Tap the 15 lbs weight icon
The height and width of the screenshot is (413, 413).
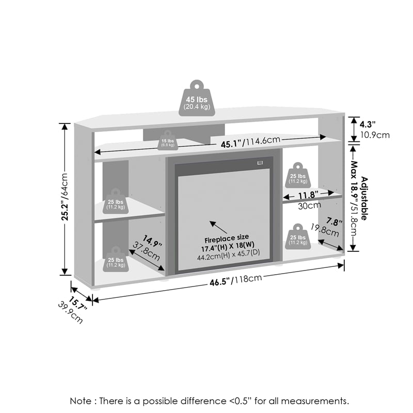pyautogui.click(x=167, y=142)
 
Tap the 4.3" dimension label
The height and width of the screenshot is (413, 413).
pyautogui.click(x=367, y=124)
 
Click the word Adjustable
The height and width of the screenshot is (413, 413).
pyautogui.click(x=364, y=198)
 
